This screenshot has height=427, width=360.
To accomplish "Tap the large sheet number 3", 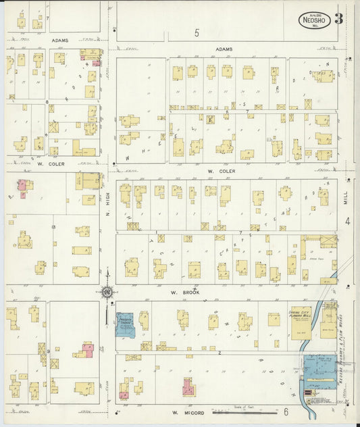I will click(338, 18).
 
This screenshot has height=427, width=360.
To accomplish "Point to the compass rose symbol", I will click(107, 293).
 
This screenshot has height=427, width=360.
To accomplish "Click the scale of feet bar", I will click(239, 408).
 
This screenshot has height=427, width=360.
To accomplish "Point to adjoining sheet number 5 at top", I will click(197, 32).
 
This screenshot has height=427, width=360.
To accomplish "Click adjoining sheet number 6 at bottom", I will click(286, 411).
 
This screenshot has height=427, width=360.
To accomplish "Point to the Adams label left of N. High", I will click(59, 41).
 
